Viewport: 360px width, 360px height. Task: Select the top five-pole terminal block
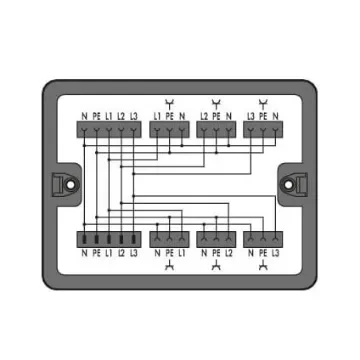pyautogui.click(x=108, y=131)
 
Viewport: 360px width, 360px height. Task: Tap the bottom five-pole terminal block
pyautogui.click(x=108, y=239)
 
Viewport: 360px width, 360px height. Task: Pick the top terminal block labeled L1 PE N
pyautogui.click(x=168, y=131)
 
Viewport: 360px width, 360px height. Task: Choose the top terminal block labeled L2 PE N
pyautogui.click(x=217, y=131)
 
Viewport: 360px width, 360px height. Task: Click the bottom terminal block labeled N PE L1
pyautogui.click(x=168, y=239)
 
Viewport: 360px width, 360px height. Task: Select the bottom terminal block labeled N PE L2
pyautogui.click(x=217, y=239)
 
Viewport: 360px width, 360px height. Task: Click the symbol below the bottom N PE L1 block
pyautogui.click(x=168, y=267)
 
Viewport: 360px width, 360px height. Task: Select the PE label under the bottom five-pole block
pyautogui.click(x=96, y=253)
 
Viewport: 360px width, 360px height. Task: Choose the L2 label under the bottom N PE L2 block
pyautogui.click(x=229, y=253)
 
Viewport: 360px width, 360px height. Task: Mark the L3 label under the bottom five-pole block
pyautogui.click(x=133, y=253)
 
